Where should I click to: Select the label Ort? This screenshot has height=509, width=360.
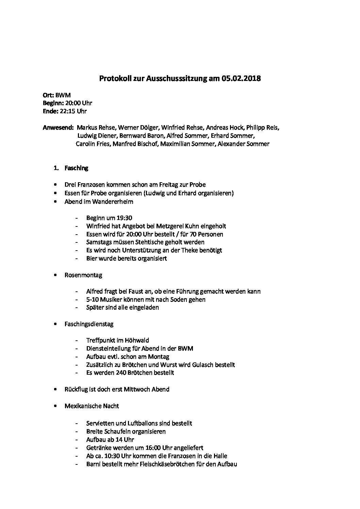(x=48, y=95)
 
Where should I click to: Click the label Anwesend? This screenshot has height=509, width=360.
(x=58, y=128)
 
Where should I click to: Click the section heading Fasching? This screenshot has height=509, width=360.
(x=76, y=168)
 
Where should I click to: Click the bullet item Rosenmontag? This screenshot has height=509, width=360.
(x=83, y=275)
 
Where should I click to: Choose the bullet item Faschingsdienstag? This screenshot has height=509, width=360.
(x=89, y=324)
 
